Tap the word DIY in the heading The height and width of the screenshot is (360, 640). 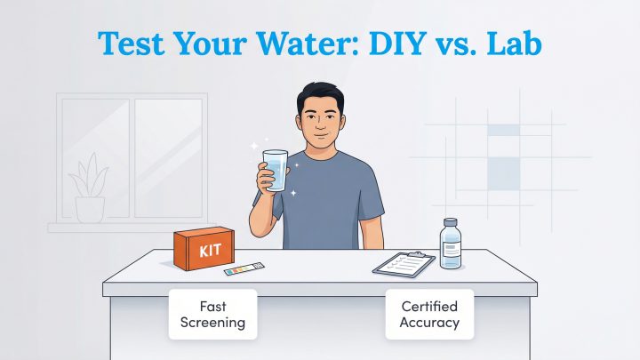(x=381, y=43)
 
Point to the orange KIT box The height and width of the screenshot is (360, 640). (x=206, y=247)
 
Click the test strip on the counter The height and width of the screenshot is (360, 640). (x=243, y=268)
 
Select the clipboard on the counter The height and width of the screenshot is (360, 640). (x=404, y=263)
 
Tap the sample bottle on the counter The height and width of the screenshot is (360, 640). (x=451, y=244)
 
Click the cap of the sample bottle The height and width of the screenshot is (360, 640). (x=451, y=223)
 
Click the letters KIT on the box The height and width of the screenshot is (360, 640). (x=210, y=250)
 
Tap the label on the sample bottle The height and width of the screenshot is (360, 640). (x=451, y=250)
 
